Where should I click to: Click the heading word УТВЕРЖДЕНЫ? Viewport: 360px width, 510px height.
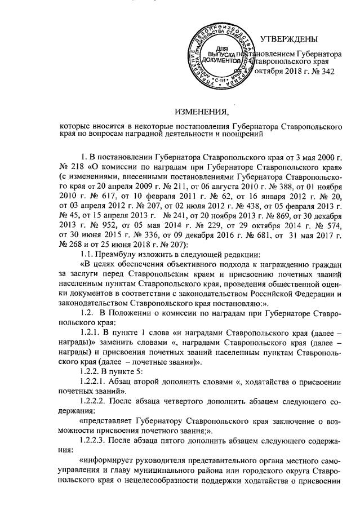click(x=289, y=39)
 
